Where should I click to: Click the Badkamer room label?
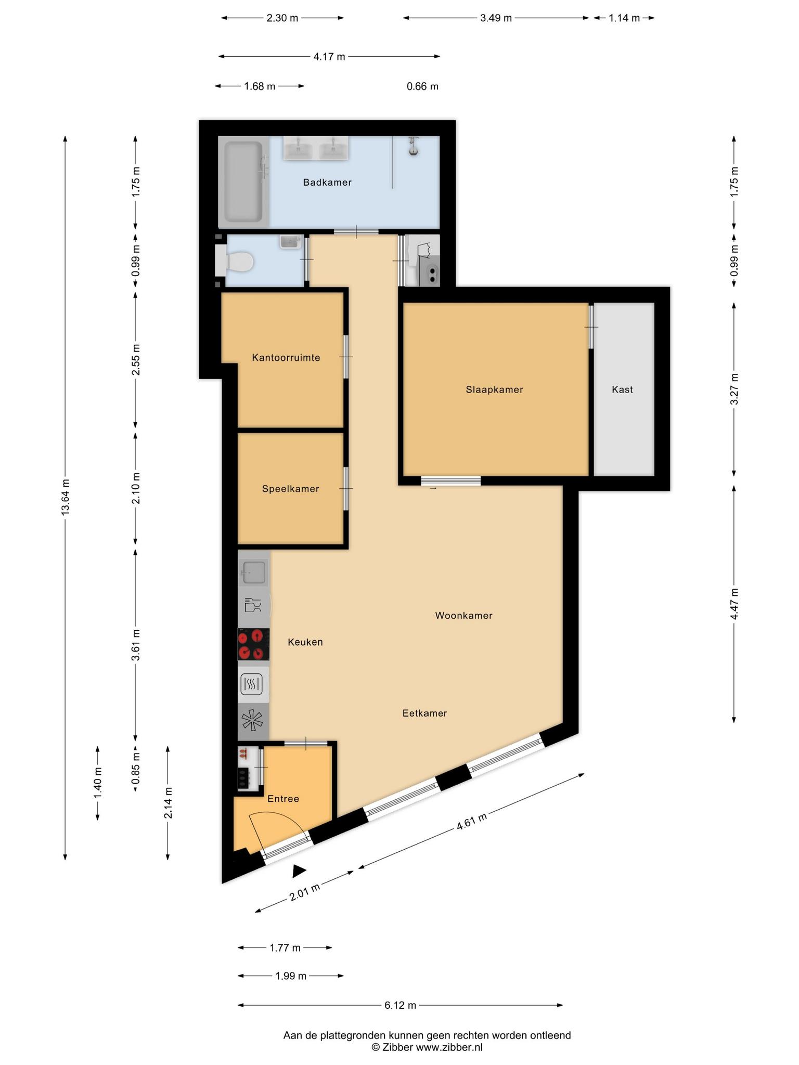[327, 183]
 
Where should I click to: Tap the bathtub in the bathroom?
[243, 183]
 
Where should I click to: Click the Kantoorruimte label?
[286, 358]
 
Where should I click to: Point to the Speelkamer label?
[290, 489]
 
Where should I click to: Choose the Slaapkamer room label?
[494, 389]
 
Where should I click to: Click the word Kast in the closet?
[622, 389]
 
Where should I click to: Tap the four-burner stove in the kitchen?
[253, 644]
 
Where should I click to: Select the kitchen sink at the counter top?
[254, 573]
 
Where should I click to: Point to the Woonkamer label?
[463, 616]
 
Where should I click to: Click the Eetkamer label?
[424, 713]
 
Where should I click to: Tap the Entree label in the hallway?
[283, 799]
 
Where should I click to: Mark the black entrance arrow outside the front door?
[299, 871]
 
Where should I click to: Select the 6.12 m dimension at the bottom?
[400, 1006]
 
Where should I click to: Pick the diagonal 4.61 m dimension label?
[472, 821]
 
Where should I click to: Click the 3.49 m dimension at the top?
[496, 18]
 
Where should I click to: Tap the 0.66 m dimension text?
[422, 86]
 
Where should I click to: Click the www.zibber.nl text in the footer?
[449, 1047]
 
